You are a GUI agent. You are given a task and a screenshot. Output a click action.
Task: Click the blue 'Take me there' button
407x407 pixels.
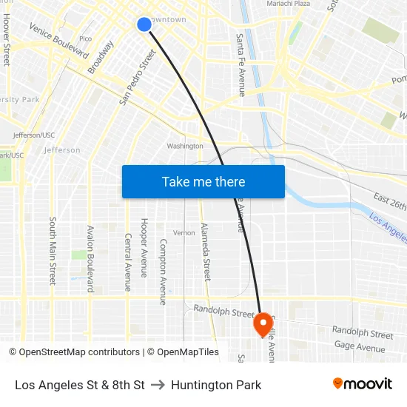[203, 181]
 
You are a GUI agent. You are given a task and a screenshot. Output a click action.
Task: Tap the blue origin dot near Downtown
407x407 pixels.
[144, 24]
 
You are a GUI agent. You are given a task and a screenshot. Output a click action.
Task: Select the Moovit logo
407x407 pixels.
[362, 384]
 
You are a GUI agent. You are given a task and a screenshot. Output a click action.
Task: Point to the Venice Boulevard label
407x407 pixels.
[58, 41]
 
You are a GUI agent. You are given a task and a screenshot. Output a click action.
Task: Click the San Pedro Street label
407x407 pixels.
[138, 77]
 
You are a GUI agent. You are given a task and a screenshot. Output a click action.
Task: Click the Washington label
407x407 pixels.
[185, 146]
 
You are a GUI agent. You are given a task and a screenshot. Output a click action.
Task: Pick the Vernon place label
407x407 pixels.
[184, 232]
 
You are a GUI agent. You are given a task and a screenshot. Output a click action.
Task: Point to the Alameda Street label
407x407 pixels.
[206, 252]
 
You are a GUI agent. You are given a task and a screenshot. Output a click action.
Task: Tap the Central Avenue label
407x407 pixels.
[127, 262]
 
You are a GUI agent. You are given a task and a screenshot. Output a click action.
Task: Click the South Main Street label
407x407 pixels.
[53, 251]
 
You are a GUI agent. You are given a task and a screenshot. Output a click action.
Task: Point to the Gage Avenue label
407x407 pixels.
[360, 347]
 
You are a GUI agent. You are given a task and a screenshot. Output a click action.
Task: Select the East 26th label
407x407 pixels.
[389, 201]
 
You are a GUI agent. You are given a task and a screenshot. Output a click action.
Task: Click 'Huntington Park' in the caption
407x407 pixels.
[216, 385]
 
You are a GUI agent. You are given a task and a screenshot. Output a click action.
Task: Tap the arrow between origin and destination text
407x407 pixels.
[158, 385]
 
